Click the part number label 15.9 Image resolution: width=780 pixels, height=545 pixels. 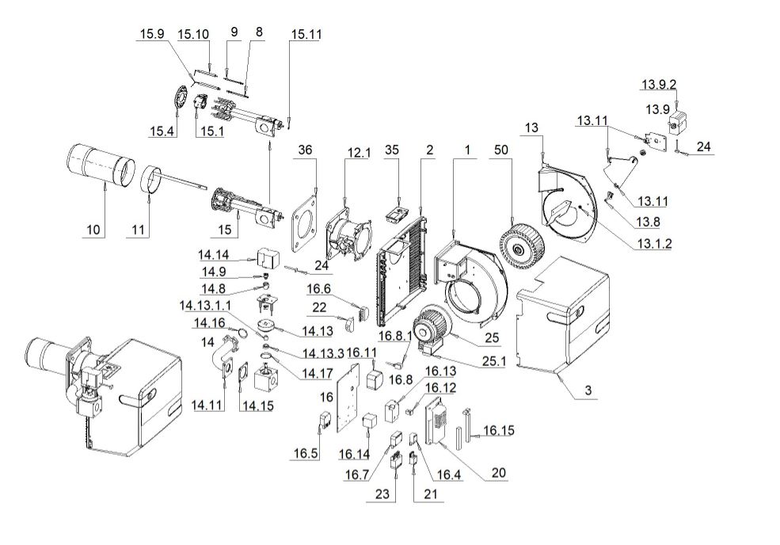(x=151, y=34)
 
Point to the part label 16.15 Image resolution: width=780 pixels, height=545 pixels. (x=498, y=430)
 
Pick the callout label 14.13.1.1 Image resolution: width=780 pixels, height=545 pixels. (x=206, y=305)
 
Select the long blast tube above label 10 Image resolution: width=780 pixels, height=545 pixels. (x=98, y=165)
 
